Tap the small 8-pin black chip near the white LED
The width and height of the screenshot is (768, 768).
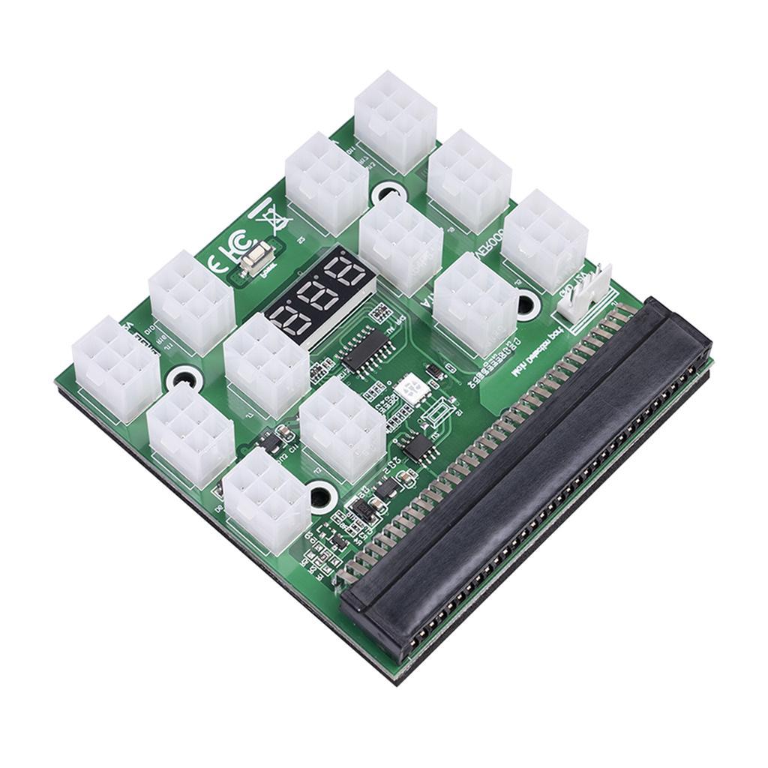click(x=417, y=446)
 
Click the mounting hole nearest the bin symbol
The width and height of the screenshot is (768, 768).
click(x=388, y=193)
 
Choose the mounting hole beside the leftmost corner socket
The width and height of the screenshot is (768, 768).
click(x=182, y=377)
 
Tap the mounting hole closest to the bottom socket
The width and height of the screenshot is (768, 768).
click(x=322, y=495)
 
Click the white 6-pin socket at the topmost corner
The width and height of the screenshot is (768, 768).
click(x=395, y=120)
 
